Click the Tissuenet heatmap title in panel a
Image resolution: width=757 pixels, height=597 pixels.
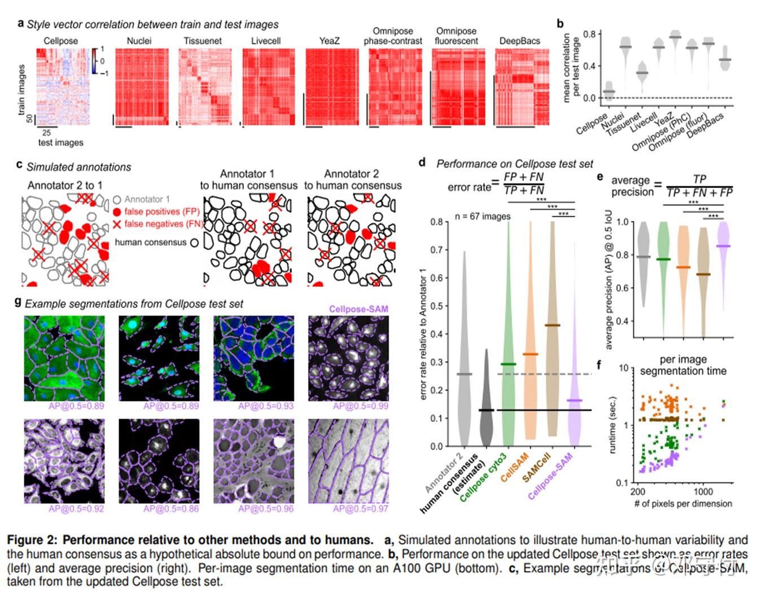[203, 41]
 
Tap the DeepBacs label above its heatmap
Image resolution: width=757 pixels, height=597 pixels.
[519, 41]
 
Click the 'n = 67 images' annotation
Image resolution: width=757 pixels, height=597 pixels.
[482, 216]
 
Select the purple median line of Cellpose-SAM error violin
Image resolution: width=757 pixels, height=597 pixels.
[574, 400]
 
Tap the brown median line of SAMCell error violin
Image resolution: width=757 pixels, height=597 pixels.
[552, 325]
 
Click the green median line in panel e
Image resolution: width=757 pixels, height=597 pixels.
[663, 259]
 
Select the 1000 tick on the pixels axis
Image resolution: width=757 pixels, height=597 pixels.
[703, 491]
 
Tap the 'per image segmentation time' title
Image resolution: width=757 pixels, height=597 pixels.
[683, 365]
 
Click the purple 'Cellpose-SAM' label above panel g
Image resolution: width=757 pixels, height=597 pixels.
[358, 309]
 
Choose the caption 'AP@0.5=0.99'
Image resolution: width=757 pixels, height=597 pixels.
[360, 406]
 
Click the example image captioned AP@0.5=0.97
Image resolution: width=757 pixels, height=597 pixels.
[348, 461]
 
